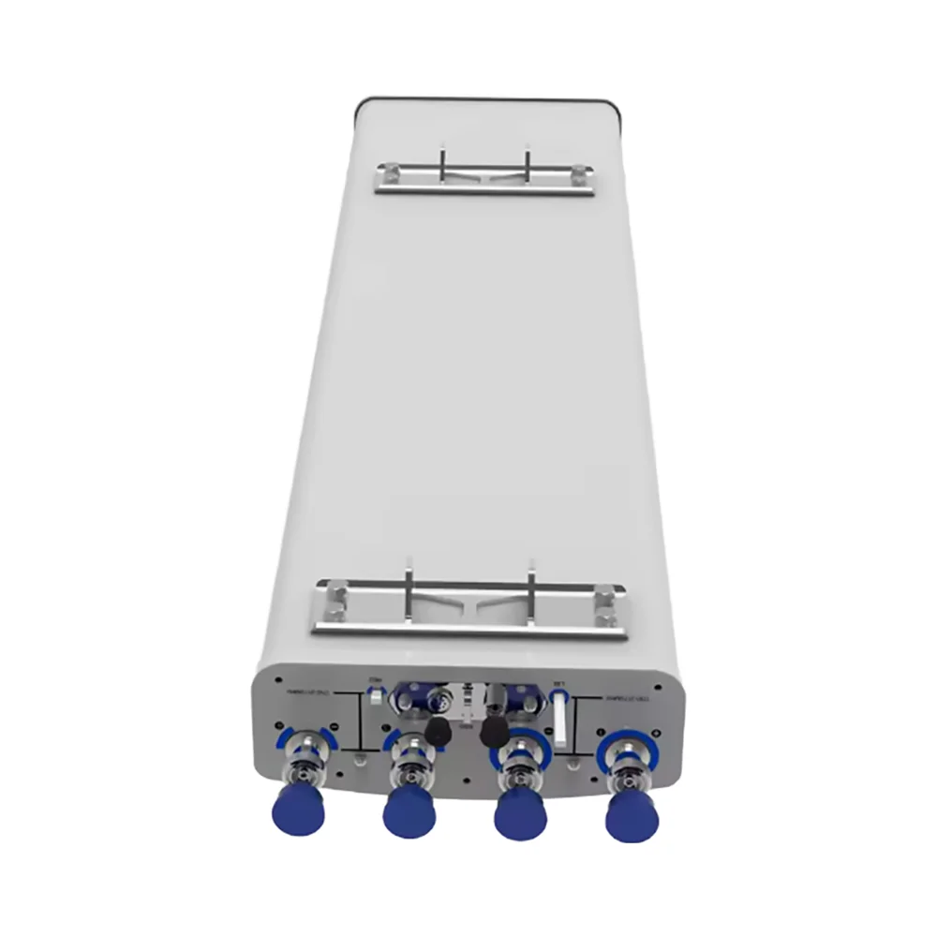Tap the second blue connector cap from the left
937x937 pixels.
pos(409,811)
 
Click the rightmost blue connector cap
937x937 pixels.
pos(632,818)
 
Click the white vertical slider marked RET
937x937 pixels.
pos(559,718)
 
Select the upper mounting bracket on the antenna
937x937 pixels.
pos(483,177)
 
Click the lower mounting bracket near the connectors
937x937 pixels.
pos(468,609)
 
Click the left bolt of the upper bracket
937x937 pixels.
pos(386,171)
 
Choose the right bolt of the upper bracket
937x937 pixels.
pos(581,172)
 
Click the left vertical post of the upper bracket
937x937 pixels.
pos(443,158)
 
